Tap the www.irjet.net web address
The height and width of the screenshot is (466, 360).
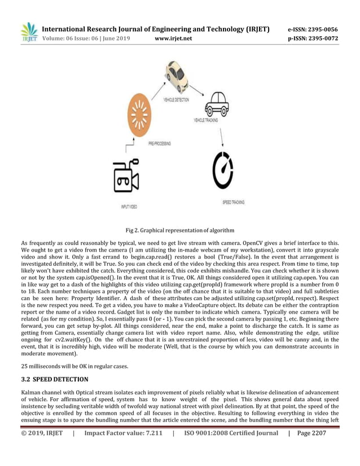coord(173,38)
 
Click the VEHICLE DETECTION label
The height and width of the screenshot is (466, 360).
coord(176,99)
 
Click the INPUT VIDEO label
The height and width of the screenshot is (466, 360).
coord(129,207)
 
